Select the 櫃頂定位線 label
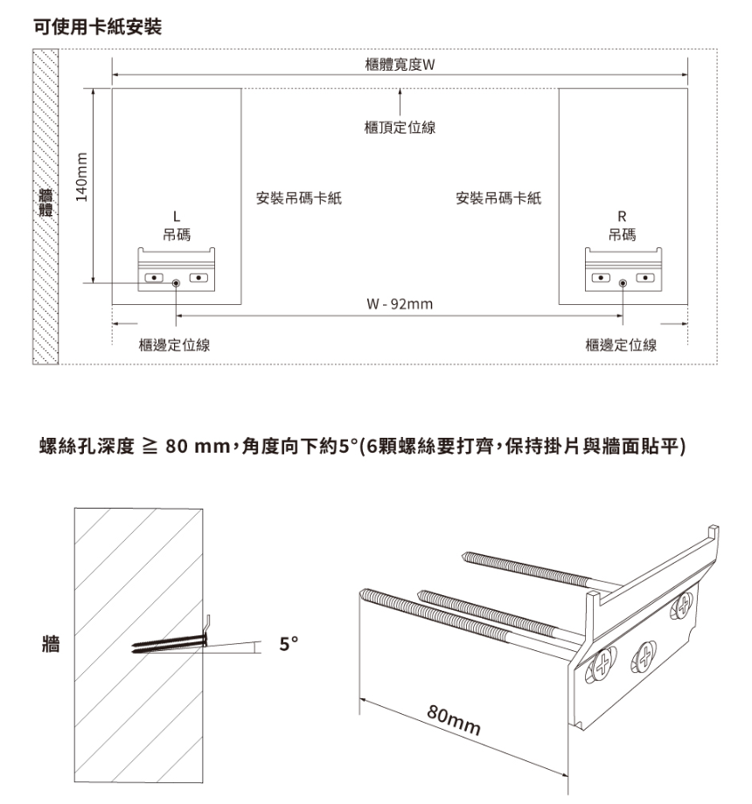(400, 128)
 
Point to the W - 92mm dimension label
(400, 305)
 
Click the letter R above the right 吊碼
(623, 216)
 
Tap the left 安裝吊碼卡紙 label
(298, 198)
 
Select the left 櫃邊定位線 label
(174, 345)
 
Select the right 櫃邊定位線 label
(621, 345)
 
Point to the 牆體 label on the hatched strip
(45, 204)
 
